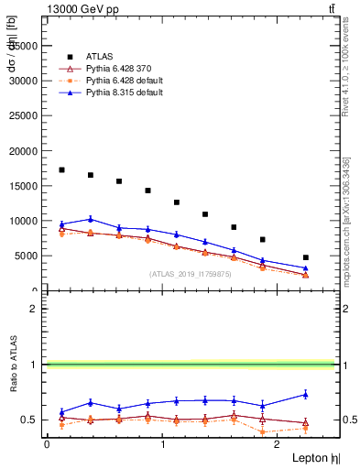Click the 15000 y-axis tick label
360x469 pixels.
pyautogui.click(x=24, y=186)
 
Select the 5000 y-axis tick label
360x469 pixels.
pyautogui.click(x=27, y=256)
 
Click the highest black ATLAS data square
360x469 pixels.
pyautogui.click(x=61, y=169)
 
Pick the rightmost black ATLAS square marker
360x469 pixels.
pyautogui.click(x=306, y=257)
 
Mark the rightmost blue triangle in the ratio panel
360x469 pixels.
pyautogui.click(x=306, y=395)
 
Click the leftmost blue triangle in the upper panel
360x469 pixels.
pyautogui.click(x=61, y=224)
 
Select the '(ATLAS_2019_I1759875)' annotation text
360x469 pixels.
pyautogui.click(x=190, y=273)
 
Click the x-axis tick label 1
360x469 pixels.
pyautogui.click(x=163, y=443)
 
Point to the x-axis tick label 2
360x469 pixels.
pyautogui.click(x=279, y=443)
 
